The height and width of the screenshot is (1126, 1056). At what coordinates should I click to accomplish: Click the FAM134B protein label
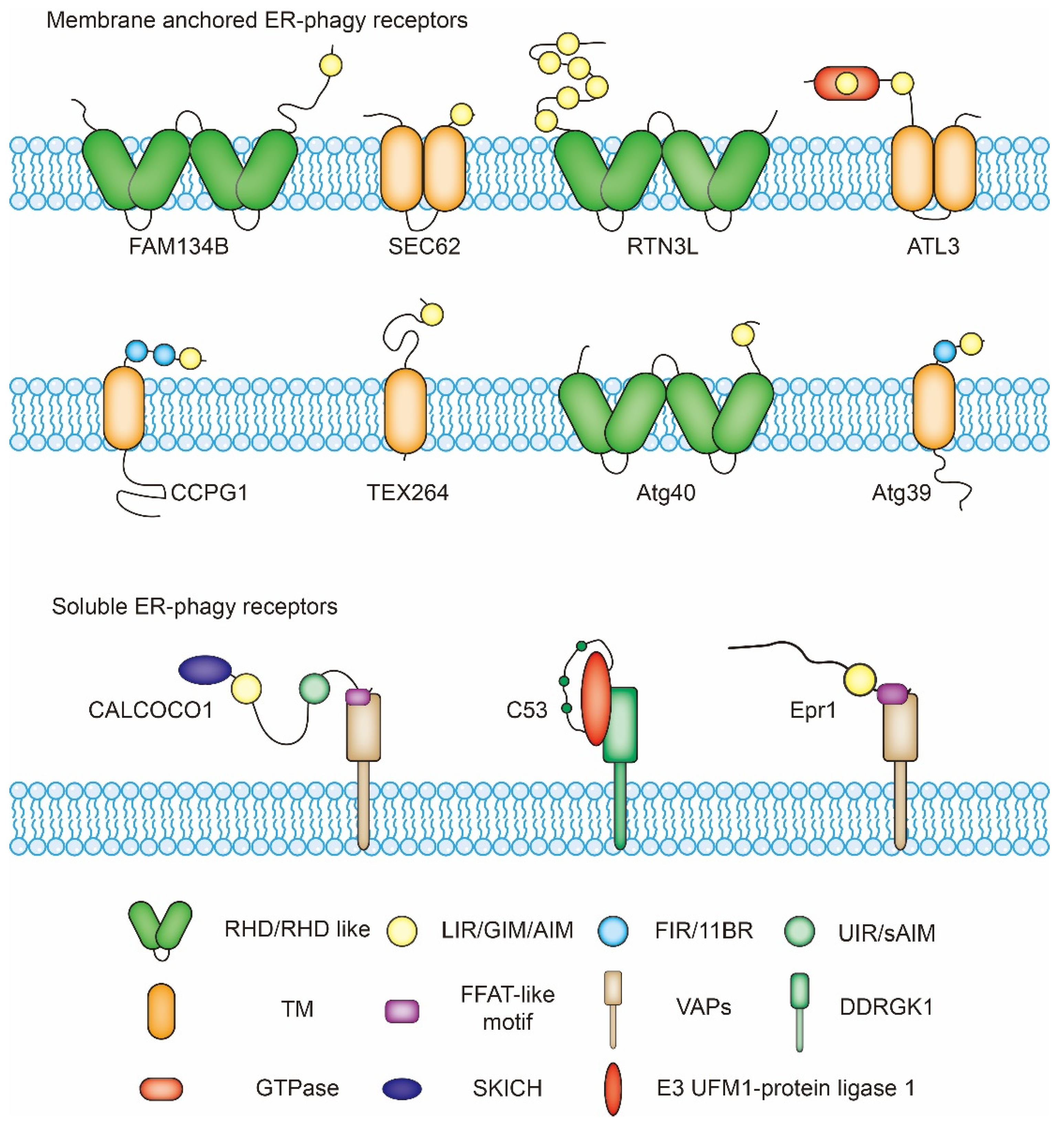(179, 246)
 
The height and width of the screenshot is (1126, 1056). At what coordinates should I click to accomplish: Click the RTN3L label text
(662, 246)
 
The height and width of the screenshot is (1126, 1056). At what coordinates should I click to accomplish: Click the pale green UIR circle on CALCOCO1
(314, 689)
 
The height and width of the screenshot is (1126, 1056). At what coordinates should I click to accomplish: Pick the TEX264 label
(408, 492)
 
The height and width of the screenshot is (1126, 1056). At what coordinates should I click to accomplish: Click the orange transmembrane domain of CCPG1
(123, 408)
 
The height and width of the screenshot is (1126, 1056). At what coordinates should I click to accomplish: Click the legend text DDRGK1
(886, 1007)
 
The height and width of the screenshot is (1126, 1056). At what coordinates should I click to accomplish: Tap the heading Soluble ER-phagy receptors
(194, 607)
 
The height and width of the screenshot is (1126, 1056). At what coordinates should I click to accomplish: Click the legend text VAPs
(703, 1007)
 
